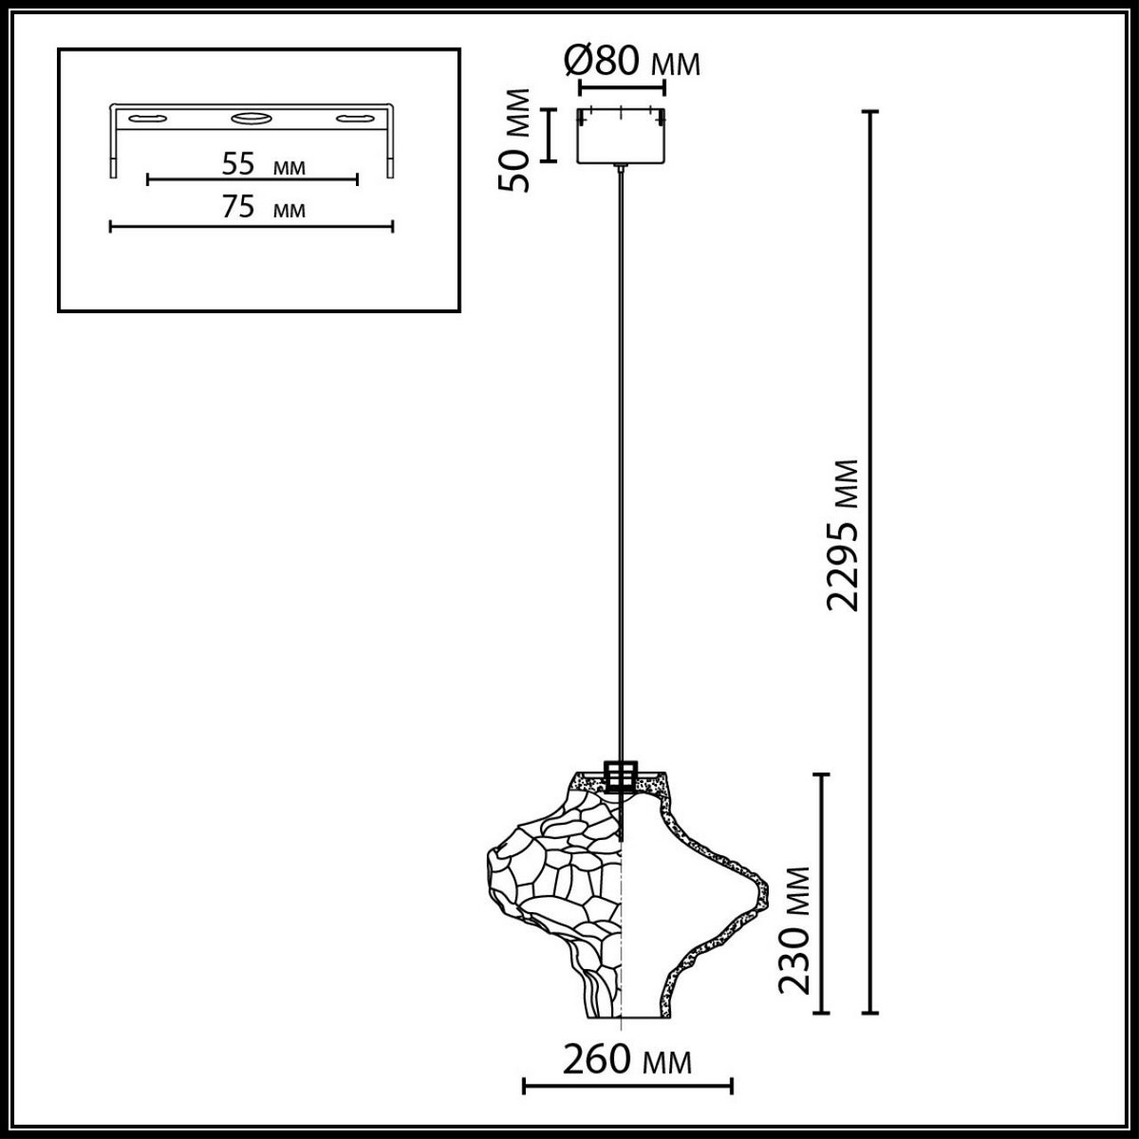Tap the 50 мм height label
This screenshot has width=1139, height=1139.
coord(517,140)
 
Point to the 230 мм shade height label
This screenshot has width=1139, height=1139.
coord(794,928)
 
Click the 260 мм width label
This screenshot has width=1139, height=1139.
coord(626,1059)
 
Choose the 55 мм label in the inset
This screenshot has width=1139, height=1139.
coord(263,165)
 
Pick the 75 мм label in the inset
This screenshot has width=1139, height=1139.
coord(263,208)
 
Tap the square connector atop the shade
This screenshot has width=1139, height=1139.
coord(621,775)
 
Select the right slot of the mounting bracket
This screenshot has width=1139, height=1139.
coord(353,119)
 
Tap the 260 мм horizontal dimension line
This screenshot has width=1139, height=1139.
coord(627,1083)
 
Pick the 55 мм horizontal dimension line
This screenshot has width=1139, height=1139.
coord(252,179)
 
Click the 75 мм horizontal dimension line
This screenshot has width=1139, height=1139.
coord(252,226)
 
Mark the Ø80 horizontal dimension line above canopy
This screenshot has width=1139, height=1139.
coord(621,91)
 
